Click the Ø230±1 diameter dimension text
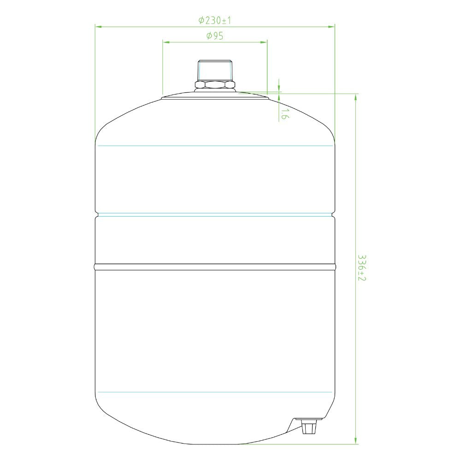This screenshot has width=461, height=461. coord(215,20)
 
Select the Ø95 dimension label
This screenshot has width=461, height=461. coord(215,36)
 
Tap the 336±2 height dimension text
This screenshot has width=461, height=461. coord(361,267)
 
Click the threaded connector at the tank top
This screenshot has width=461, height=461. coord(215,71)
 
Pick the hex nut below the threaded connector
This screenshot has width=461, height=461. coord(215,85)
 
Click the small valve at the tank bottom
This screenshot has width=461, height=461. coord(309,427)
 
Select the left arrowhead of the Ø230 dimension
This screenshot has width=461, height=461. coord(98,27)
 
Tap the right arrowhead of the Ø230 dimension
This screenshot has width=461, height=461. coord(331,27)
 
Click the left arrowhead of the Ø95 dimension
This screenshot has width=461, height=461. coord(166,42)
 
